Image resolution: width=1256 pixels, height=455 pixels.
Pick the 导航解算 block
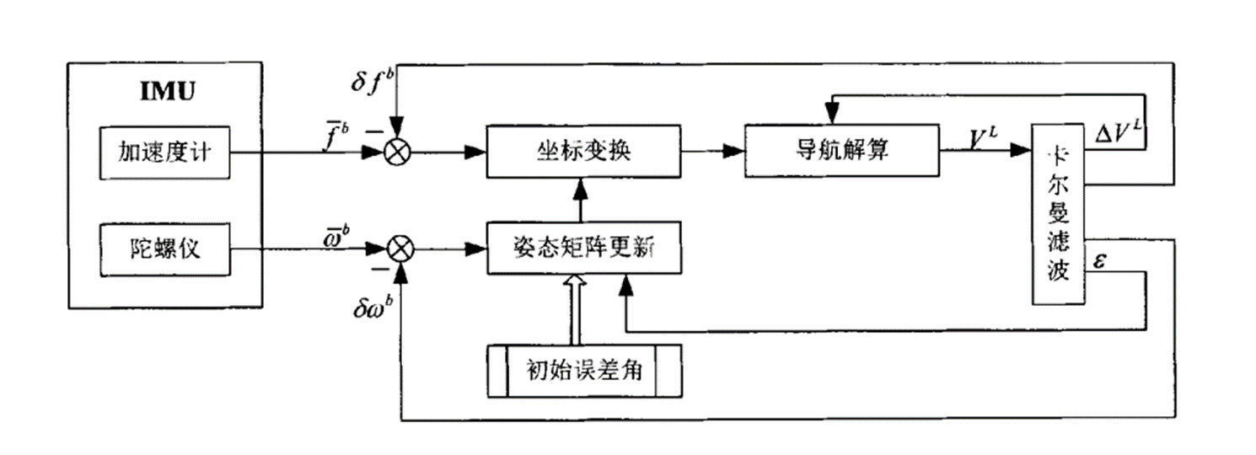(840, 152)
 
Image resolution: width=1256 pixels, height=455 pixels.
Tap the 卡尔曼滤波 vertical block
(1059, 214)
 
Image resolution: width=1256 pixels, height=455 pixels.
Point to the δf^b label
(371, 82)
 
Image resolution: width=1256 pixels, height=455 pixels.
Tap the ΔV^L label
(1117, 131)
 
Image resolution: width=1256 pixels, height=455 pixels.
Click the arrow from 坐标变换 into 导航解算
(712, 153)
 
